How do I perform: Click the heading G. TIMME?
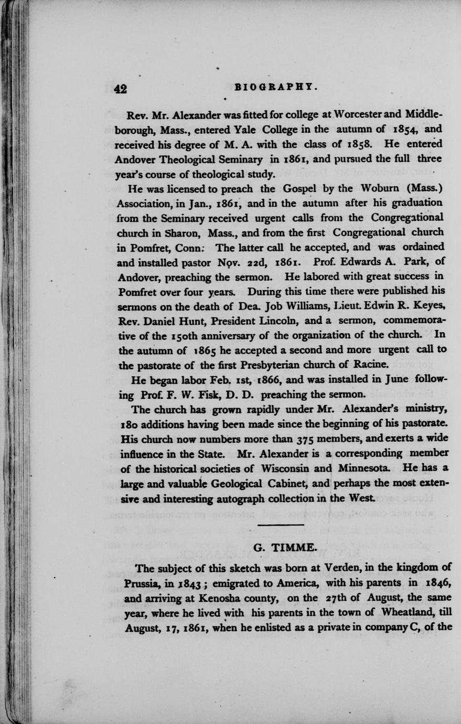[x=285, y=548]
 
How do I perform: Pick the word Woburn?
[x=384, y=188]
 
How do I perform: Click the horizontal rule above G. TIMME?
[x=281, y=525]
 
